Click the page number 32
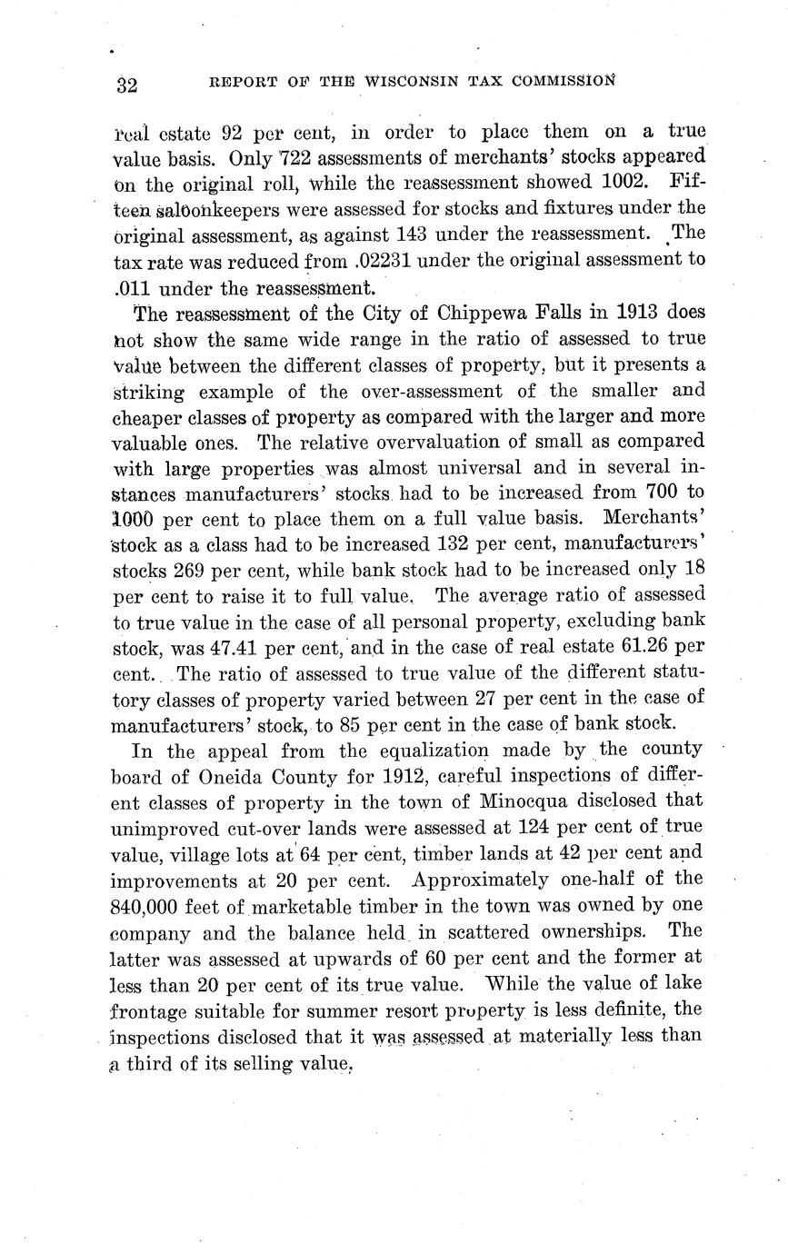126,85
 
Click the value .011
132,289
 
